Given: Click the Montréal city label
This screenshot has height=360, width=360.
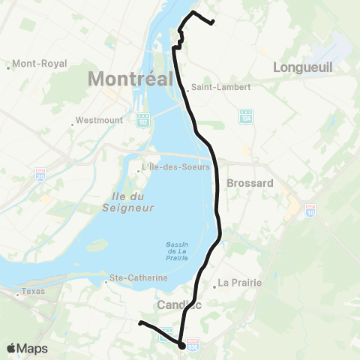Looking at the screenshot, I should coord(131,77).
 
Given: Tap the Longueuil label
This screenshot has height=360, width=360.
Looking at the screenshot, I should coord(302,67).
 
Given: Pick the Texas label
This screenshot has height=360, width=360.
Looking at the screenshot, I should coord(33,291).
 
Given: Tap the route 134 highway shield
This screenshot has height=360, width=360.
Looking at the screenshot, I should coord(247,117).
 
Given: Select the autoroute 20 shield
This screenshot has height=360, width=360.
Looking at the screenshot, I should coord(40,175).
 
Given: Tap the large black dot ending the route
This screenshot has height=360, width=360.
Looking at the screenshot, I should coord(182,346).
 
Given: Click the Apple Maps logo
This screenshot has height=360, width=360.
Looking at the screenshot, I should coord(27,348).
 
